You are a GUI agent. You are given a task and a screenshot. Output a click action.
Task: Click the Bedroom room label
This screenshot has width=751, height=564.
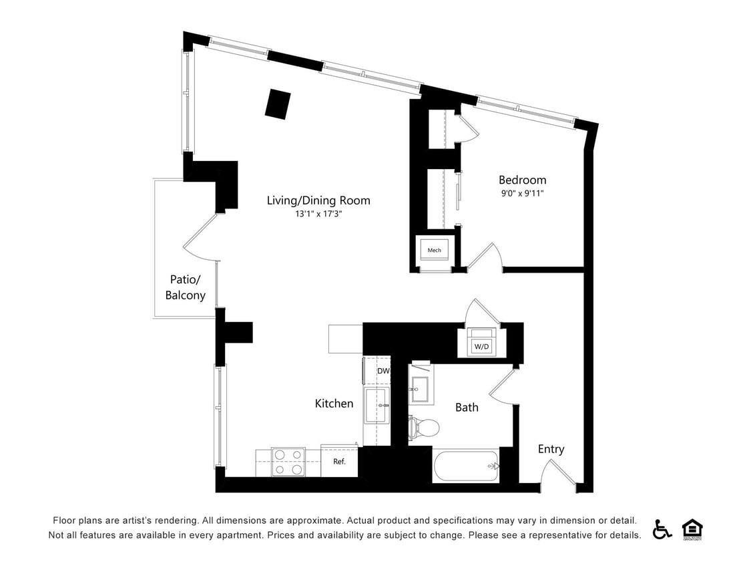[522, 180]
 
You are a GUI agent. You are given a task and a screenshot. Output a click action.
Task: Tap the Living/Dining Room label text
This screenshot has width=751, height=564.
[318, 200]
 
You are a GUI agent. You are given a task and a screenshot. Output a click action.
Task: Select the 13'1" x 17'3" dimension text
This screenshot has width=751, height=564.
[318, 215]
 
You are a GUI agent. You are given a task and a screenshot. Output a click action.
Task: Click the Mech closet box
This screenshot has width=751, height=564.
[435, 251]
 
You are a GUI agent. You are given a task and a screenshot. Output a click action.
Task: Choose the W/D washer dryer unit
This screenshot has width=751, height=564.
[481, 341]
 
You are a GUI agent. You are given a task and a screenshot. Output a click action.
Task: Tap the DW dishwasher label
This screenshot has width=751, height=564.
[383, 371]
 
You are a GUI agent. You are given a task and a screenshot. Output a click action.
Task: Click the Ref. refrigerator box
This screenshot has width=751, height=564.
[339, 462]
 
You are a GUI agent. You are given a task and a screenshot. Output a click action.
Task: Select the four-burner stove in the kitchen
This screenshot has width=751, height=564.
[288, 462]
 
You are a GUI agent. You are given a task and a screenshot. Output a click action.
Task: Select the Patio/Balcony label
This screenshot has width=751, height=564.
[186, 287]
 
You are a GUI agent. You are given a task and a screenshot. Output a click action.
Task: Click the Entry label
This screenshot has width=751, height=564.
[551, 449]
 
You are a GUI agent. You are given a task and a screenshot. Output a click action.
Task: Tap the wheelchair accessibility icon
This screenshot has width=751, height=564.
[662, 529]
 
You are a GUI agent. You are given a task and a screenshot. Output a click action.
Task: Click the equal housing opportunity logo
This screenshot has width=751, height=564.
[692, 529]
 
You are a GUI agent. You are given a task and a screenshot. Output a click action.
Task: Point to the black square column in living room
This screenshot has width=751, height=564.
[278, 104]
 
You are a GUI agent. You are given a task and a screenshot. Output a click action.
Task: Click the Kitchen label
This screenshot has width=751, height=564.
[334, 403]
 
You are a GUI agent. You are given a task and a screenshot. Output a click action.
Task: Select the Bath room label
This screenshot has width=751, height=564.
[467, 407]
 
